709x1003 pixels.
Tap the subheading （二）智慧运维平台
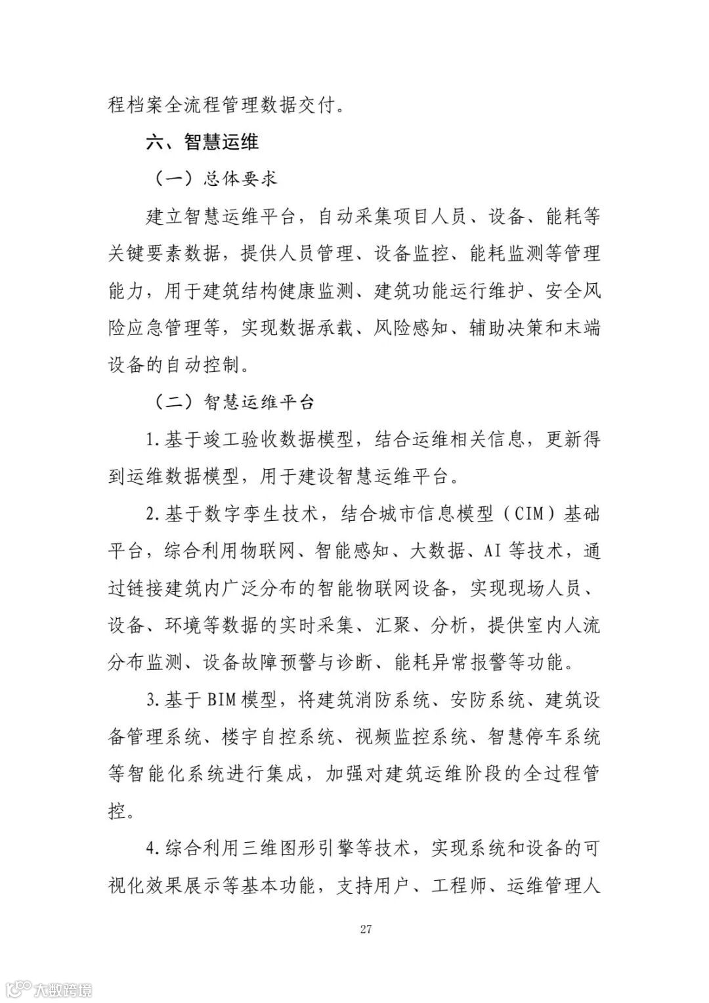click(234, 401)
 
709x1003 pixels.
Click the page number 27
click(366, 929)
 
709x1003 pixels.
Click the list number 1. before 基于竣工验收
click(154, 439)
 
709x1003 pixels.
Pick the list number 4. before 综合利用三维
click(154, 849)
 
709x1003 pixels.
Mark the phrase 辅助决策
click(490, 327)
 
